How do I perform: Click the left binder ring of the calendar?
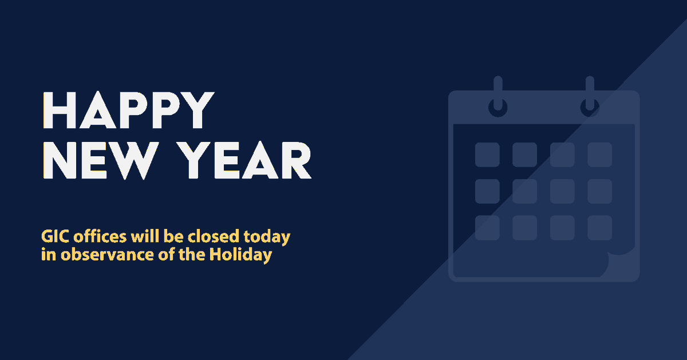pyautogui.click(x=498, y=97)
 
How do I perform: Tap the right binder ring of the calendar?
pyautogui.click(x=590, y=97)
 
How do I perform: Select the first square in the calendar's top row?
pyautogui.click(x=487, y=155)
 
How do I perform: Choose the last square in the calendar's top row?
pyautogui.click(x=599, y=155)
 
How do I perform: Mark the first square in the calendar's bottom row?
pyautogui.click(x=487, y=228)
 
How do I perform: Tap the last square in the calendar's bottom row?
pyautogui.click(x=599, y=228)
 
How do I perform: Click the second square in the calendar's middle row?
pyautogui.click(x=524, y=191)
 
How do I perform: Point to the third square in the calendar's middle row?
pyautogui.click(x=562, y=191)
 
